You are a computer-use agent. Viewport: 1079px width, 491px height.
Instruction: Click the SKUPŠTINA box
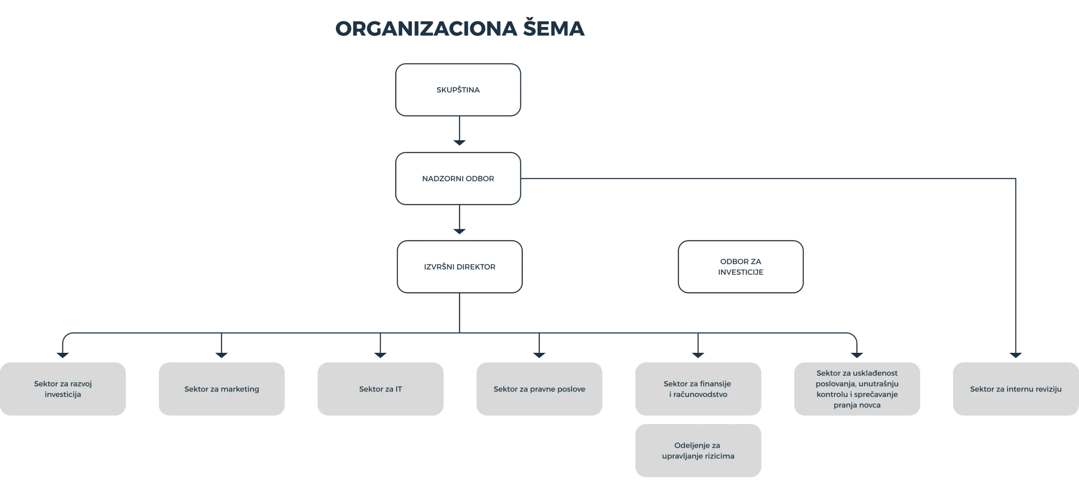(x=458, y=90)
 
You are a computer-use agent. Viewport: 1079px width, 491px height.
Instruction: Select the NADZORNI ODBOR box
(x=458, y=179)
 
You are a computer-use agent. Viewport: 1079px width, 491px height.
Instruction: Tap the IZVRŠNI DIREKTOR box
(x=460, y=267)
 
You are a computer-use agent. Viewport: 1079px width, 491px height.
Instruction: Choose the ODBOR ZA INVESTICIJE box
(x=741, y=267)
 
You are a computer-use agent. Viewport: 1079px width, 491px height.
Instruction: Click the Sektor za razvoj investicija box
(x=63, y=389)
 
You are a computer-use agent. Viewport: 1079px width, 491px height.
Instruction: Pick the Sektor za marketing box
(x=222, y=389)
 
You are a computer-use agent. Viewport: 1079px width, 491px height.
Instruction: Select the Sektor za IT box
(x=381, y=389)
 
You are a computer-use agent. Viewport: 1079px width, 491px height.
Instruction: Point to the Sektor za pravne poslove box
(x=539, y=389)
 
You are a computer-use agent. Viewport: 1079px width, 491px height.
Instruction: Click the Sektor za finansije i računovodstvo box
(x=698, y=389)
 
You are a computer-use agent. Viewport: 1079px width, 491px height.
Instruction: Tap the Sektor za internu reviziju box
(x=1016, y=389)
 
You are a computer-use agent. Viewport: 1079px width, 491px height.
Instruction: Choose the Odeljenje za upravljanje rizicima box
(x=698, y=451)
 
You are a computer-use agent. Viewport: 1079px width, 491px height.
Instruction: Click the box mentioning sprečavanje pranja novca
(x=857, y=389)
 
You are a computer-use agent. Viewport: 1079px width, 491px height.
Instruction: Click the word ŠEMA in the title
(x=554, y=28)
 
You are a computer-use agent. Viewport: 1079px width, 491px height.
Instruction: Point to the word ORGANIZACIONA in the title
(x=426, y=29)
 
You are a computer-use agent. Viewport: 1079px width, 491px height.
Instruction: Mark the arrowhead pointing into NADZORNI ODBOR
(x=459, y=143)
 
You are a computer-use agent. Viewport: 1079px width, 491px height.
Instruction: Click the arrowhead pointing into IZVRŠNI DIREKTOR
(x=459, y=231)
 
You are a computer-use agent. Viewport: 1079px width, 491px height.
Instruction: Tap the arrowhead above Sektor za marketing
(x=222, y=355)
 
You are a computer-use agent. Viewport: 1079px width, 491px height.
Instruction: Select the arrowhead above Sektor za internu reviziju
(x=1016, y=355)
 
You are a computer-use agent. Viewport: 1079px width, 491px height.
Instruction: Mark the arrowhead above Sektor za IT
(x=381, y=355)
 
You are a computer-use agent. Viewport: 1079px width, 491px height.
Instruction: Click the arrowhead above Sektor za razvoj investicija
(x=63, y=355)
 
